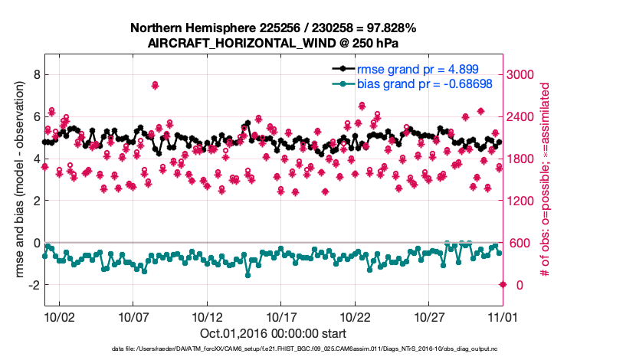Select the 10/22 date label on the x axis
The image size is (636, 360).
click(x=356, y=316)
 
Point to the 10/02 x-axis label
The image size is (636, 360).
click(x=59, y=316)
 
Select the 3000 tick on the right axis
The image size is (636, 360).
click(x=525, y=74)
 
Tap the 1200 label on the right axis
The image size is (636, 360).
click(x=525, y=201)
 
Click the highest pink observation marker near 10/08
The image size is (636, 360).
click(x=155, y=85)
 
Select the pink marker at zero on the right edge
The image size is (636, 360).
click(x=503, y=285)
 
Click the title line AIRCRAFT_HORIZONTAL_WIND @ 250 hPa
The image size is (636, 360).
click(x=274, y=43)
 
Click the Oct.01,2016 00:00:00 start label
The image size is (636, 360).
click(x=274, y=334)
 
